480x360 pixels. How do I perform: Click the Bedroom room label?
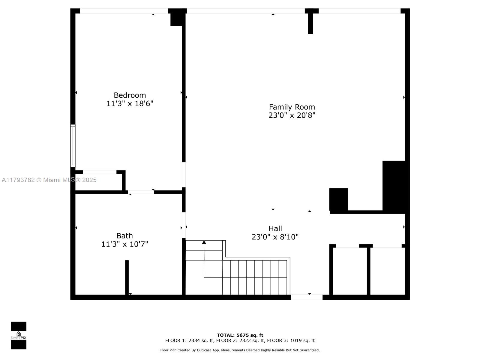coord(130,95)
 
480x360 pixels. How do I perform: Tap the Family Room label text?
coord(292,107)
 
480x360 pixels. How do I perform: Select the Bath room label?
coord(124,235)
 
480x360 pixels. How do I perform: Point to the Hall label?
coord(275,228)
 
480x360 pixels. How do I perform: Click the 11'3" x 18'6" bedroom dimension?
coord(130,103)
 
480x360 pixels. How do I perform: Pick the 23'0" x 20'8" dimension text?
coord(292,115)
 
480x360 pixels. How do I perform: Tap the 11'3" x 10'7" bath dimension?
coord(124,244)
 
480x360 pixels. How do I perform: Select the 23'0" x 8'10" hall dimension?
coord(275,237)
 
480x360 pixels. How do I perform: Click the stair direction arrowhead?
coord(204,242)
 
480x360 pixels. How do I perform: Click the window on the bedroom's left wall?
coord(73,145)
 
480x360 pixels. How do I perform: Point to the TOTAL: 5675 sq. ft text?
coord(240,335)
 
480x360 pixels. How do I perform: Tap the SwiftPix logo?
coord(19,335)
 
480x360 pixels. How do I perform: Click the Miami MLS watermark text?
coord(49,180)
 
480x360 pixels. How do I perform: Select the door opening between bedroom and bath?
coord(141,192)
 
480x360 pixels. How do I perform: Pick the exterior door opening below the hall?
coord(307,297)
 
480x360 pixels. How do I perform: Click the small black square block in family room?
coord(338,199)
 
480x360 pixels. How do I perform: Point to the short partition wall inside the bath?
coord(127,277)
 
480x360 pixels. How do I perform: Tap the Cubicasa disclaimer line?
coord(240,350)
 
